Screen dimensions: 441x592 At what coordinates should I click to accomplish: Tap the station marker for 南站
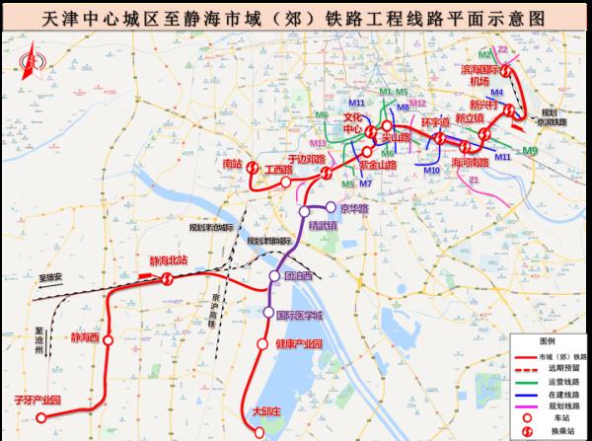pos(253,169)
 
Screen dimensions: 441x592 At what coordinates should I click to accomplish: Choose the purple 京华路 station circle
pos(330,208)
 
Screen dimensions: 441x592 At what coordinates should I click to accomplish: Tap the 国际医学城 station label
pos(299,314)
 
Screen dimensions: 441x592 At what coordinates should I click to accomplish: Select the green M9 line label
pos(531,150)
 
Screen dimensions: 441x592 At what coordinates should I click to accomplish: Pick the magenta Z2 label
pos(502,48)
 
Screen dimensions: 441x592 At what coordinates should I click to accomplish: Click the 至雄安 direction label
pos(49,280)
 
